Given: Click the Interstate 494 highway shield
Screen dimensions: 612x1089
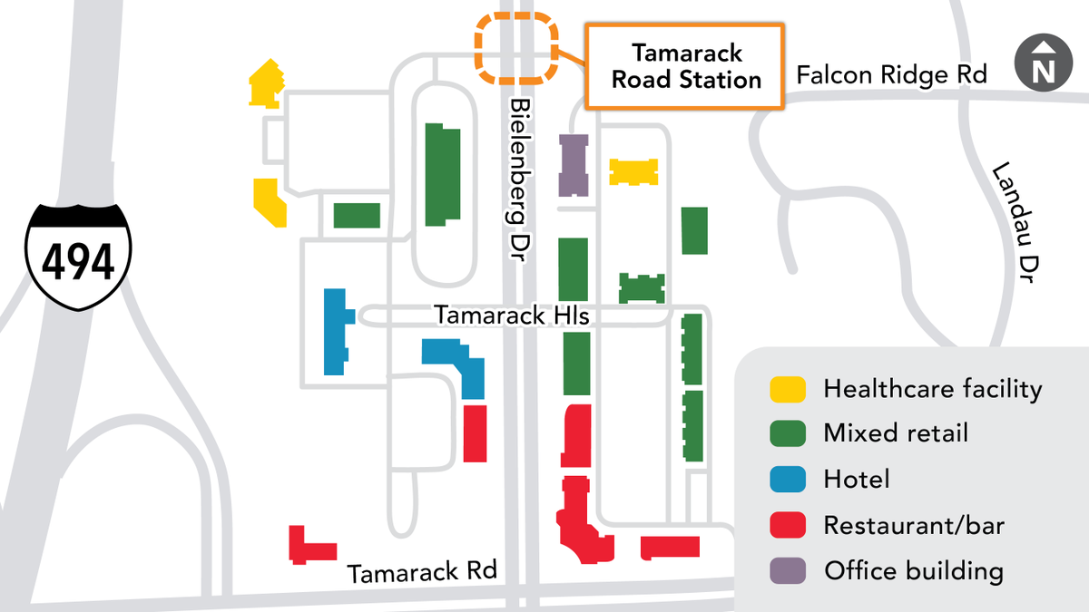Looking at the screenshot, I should coord(78,257).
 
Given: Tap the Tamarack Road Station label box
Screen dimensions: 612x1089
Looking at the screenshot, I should coord(686,67).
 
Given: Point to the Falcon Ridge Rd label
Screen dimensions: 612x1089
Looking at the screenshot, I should coord(891,74).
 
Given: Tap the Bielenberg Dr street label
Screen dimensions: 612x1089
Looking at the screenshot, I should coord(521,181).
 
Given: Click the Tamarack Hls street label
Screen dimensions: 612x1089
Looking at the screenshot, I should coord(512,316).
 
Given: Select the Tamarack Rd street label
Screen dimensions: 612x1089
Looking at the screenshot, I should coord(422,572).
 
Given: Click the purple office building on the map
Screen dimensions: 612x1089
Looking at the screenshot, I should coord(574,165).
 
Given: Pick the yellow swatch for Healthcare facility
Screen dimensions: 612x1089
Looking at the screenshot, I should coord(788,390).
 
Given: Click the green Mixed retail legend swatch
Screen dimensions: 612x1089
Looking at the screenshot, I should coord(788,433).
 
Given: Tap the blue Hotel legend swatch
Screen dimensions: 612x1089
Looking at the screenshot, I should coord(788,480).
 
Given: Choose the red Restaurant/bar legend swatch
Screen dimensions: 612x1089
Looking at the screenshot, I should coord(788,526).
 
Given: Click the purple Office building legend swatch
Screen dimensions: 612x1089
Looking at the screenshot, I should coord(788,571).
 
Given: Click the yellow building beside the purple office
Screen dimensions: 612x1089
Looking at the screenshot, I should coord(633,172).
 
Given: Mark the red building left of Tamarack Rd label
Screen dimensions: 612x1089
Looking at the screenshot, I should coord(309,545).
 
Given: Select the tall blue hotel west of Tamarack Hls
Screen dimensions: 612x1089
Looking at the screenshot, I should coord(335,331).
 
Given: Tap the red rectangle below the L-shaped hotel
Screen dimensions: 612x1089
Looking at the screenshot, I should coord(476,433).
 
